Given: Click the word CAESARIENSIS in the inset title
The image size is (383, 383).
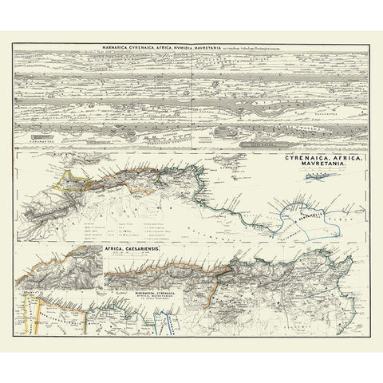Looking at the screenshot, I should pyautogui.click(x=144, y=250).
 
